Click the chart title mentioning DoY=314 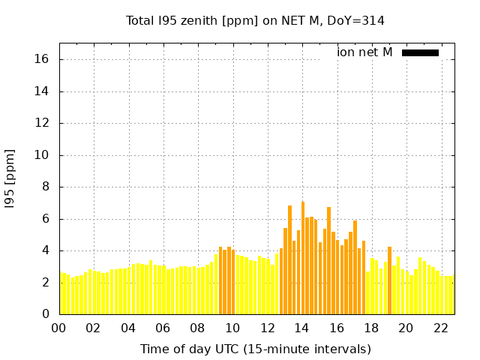pos(255,20)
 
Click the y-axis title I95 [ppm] pos(10,179)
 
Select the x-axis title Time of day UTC pos(255,349)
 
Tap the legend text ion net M pos(364,52)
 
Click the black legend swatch pos(420,52)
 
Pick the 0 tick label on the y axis pos(46,314)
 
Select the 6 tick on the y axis pos(46,219)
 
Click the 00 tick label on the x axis pos(58,328)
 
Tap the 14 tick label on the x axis pos(301,328)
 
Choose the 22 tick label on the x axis pos(440,328)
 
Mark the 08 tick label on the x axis pos(197,328)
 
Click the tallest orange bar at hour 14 pos(303,259)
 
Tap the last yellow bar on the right pos(451,295)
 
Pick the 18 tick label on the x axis pos(370,328)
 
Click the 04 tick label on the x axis pos(128,328)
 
